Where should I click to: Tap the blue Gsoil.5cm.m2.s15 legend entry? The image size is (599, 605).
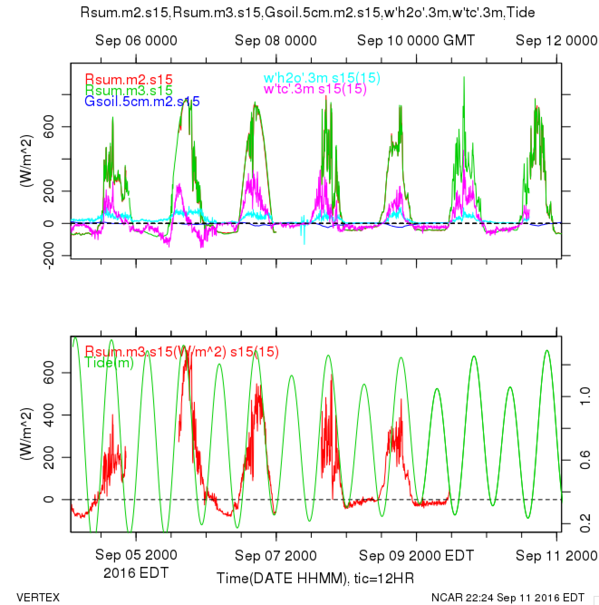(x=142, y=101)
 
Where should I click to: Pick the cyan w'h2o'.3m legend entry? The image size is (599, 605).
(x=322, y=78)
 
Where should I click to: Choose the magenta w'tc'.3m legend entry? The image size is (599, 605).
(x=314, y=89)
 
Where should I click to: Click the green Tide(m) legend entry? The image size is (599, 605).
(x=109, y=362)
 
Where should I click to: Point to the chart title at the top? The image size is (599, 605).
(x=307, y=13)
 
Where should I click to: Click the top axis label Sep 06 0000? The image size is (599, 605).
(x=136, y=40)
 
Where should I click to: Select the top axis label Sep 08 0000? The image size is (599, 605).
(x=275, y=40)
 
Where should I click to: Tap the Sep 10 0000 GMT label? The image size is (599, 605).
(x=415, y=40)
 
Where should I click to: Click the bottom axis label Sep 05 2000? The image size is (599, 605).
(x=136, y=555)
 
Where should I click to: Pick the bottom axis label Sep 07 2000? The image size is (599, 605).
(x=275, y=555)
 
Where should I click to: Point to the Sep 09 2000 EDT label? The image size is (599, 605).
(x=416, y=555)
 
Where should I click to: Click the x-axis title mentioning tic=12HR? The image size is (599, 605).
(x=315, y=578)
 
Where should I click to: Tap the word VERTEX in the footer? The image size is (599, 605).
(x=38, y=597)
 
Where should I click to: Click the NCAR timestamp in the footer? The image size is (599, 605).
(x=507, y=597)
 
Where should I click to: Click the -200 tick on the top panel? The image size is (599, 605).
(x=52, y=256)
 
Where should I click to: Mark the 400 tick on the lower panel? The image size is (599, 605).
(x=52, y=415)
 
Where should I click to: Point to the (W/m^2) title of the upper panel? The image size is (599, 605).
(x=26, y=160)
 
